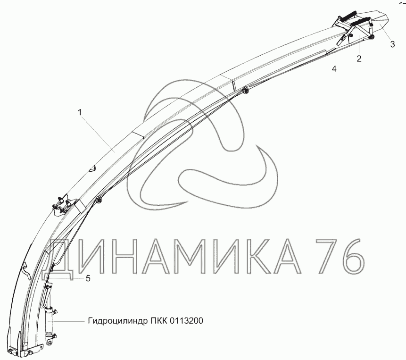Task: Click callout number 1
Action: pyautogui.click(x=80, y=113)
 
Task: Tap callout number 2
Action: pyautogui.click(x=359, y=59)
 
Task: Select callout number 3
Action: pyautogui.click(x=392, y=44)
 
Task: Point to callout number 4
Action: pyautogui.click(x=334, y=69)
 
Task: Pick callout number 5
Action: pyautogui.click(x=88, y=279)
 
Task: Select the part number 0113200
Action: pyautogui.click(x=186, y=321)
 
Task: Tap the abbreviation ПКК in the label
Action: pyautogui.click(x=159, y=321)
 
